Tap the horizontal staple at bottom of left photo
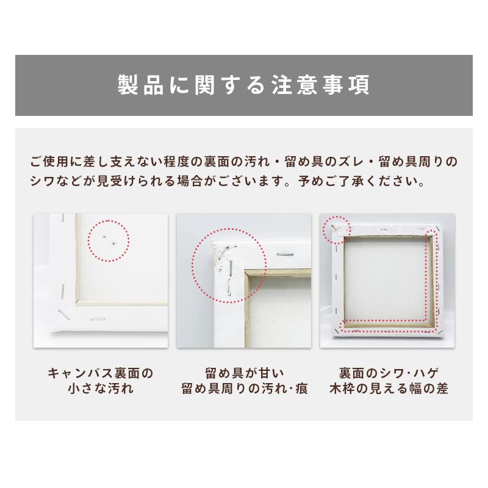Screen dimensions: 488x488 coord(98,318)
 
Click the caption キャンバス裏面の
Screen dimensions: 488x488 coord(99,372)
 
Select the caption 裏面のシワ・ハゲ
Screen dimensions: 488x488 coord(387,372)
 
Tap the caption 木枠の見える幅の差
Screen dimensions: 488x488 coord(387,389)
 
